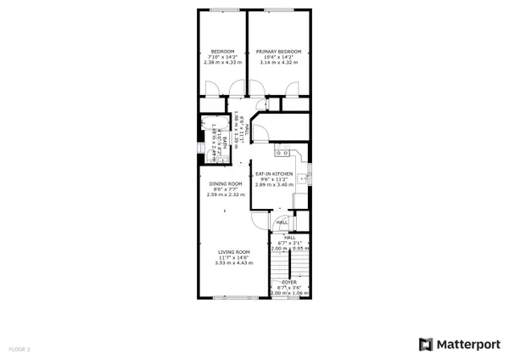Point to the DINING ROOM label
[x=226, y=183]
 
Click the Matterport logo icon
[x=424, y=344]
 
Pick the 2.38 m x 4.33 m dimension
[x=223, y=63]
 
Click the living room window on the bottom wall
[x=225, y=297]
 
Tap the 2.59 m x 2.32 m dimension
[x=226, y=194]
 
